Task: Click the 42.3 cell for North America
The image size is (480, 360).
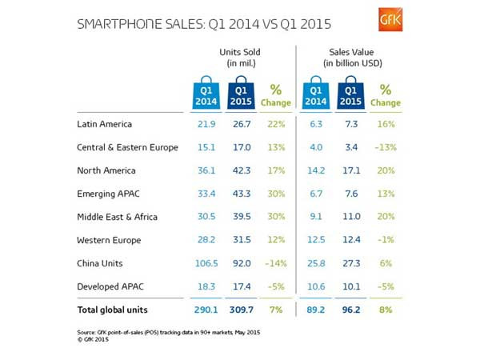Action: pos(241,170)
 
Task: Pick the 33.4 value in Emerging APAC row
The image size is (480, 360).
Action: pos(208,193)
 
